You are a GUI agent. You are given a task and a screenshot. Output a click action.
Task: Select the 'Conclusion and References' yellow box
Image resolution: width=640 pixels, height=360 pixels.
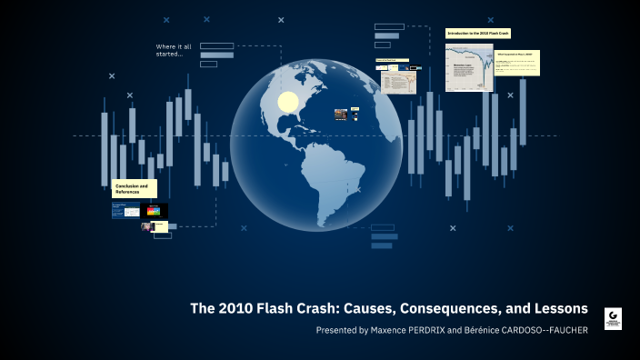click(x=134, y=188)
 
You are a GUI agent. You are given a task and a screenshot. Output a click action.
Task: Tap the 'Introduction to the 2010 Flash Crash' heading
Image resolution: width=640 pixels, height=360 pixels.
click(x=478, y=34)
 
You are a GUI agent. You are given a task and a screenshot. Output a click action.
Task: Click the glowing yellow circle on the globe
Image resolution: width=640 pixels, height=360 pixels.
click(x=288, y=102)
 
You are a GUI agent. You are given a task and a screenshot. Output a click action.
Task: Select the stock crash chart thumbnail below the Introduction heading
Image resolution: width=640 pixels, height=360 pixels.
click(x=469, y=66)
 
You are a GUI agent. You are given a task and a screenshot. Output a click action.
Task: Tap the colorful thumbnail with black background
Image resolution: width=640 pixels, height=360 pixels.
click(x=154, y=211)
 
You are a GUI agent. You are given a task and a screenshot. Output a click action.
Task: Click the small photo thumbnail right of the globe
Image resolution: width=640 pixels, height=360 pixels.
click(x=340, y=115)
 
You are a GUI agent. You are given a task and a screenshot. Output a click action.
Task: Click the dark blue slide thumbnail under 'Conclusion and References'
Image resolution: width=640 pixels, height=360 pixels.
click(x=125, y=211)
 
